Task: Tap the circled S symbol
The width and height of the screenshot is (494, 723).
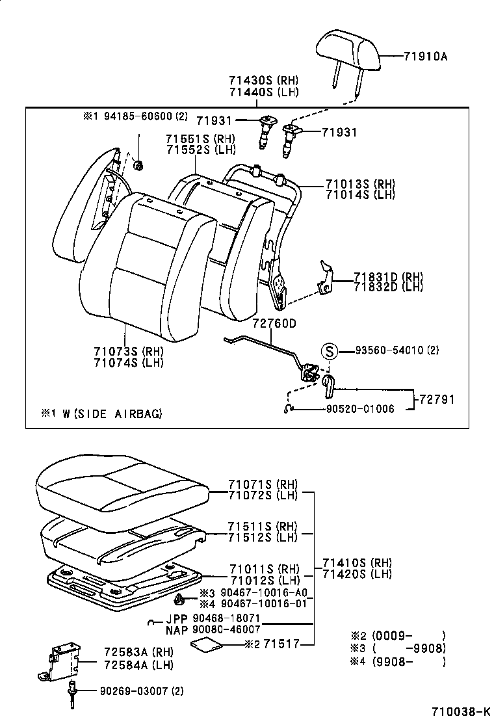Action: [330, 351]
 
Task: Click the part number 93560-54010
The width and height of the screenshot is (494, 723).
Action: [389, 350]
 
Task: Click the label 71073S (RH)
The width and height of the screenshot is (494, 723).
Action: [128, 351]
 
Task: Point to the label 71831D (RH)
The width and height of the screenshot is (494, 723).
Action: [388, 276]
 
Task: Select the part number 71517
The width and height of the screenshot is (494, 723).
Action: [287, 644]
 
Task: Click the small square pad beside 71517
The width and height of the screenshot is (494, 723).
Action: [206, 644]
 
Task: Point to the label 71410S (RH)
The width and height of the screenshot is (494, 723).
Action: [357, 562]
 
